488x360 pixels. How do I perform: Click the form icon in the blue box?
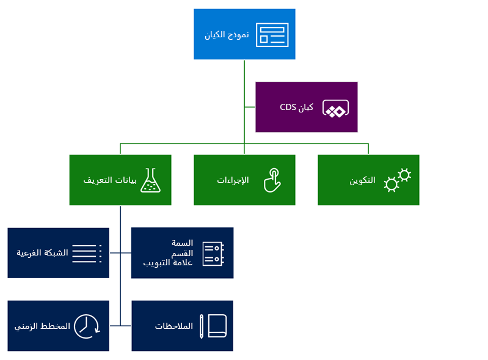(272, 34)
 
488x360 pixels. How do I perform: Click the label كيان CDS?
(297, 108)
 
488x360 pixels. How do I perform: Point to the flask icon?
(150, 180)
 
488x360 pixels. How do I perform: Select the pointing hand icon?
(272, 180)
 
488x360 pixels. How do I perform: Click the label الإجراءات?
(233, 180)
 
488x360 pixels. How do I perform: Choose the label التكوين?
(362, 181)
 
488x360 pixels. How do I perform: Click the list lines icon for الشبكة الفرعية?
(87, 254)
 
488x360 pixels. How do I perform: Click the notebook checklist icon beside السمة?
(213, 254)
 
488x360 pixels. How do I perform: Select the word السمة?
(183, 243)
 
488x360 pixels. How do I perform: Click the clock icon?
(87, 326)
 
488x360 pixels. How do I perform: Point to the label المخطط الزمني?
(42, 326)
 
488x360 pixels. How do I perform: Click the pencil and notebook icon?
(213, 326)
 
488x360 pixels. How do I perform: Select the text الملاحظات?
(173, 326)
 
